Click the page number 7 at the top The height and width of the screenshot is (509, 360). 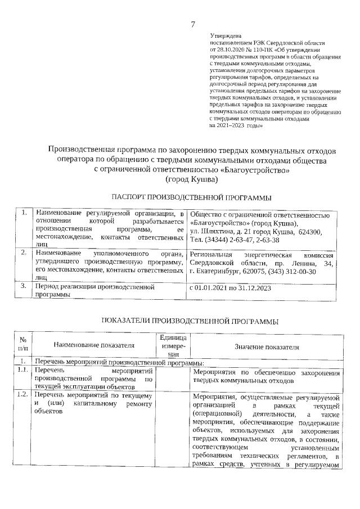193,24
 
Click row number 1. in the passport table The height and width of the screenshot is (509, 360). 24,214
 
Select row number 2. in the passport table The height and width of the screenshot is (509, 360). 24,253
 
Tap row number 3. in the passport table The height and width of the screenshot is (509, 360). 24,286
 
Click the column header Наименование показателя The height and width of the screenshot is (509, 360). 94,345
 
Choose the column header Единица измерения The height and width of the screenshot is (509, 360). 173,345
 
